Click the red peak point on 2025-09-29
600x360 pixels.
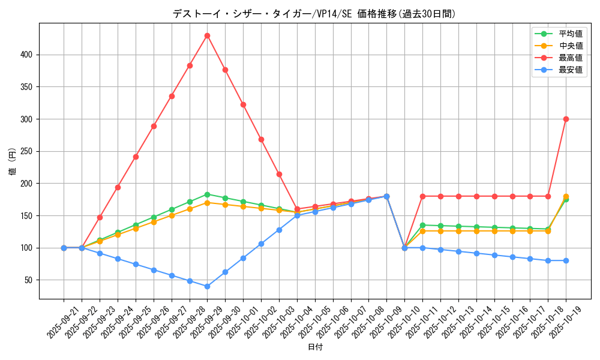(x=207, y=35)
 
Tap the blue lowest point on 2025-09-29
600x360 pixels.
(x=207, y=286)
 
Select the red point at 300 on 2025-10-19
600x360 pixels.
(x=566, y=119)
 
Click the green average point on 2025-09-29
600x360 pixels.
(x=207, y=194)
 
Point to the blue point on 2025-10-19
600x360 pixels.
(x=566, y=260)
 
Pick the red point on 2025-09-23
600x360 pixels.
(x=100, y=217)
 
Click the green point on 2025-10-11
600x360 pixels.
(x=422, y=225)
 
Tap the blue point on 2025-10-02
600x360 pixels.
(x=261, y=244)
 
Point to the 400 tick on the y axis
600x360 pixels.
(x=26, y=55)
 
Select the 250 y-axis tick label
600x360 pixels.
(x=26, y=151)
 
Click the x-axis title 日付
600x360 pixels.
(x=315, y=347)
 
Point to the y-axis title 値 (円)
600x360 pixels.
(x=12, y=161)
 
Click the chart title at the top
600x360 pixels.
(x=314, y=14)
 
